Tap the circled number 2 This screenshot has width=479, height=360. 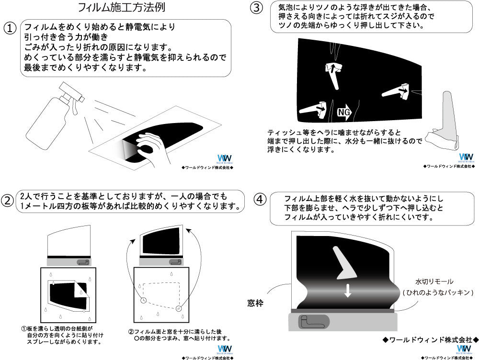[8, 201]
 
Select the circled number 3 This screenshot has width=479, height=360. [257, 8]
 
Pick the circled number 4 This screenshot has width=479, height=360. [259, 199]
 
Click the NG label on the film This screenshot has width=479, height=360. [344, 112]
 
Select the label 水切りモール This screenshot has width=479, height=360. [434, 281]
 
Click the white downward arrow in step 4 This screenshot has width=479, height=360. [348, 290]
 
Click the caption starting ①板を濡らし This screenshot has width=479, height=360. [62, 336]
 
